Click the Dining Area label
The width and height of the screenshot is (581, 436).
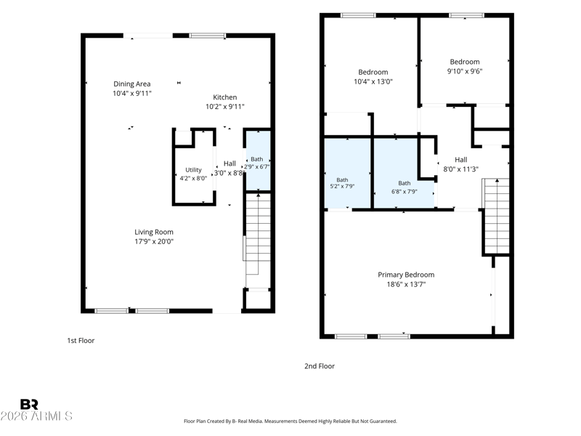[132, 84]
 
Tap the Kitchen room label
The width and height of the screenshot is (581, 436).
[225, 97]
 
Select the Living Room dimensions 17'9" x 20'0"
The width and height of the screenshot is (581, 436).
[154, 241]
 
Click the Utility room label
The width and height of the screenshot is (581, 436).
[193, 170]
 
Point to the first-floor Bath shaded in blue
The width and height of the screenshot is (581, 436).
[259, 160]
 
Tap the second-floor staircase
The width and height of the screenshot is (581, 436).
[497, 217]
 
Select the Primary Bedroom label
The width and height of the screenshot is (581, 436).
[406, 275]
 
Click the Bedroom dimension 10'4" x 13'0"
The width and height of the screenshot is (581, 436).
[373, 81]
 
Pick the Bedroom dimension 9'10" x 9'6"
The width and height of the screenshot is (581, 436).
[465, 71]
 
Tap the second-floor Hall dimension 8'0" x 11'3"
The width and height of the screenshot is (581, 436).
[461, 169]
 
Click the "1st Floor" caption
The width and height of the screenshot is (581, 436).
[81, 340]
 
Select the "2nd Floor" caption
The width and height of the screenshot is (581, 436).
[320, 366]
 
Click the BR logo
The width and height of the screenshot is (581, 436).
[29, 404]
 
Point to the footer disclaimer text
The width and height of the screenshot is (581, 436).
[290, 421]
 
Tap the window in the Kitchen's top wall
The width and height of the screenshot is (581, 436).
[208, 36]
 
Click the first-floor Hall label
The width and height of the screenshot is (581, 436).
[229, 163]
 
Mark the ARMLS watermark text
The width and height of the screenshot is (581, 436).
[36, 416]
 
